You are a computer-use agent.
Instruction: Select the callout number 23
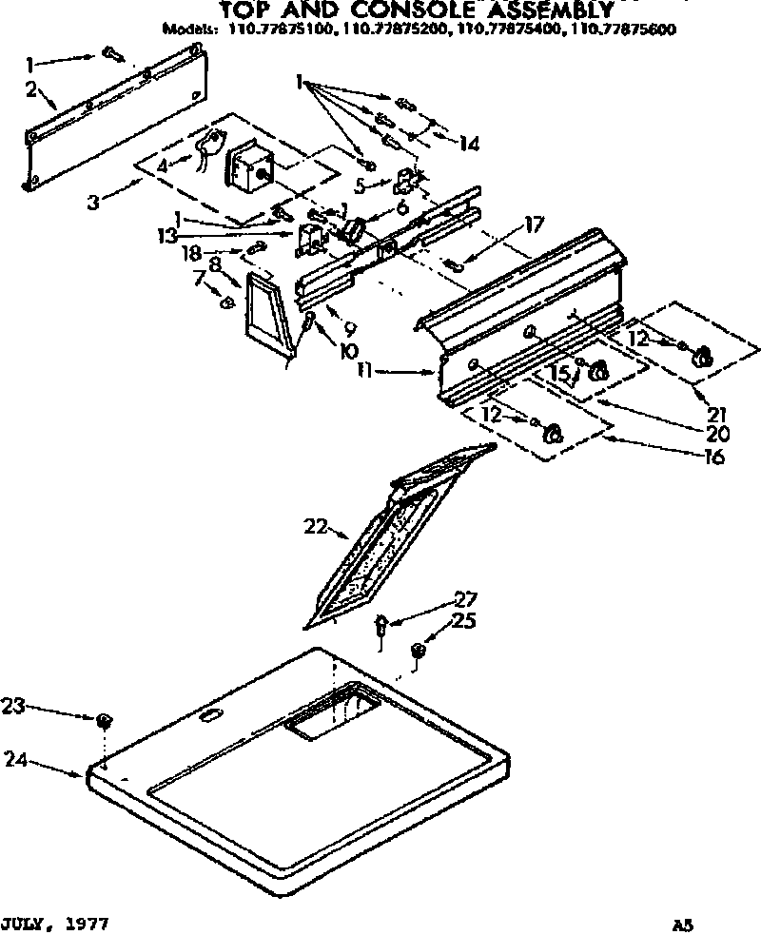pos(13,706)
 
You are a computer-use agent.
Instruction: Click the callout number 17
pos(533,225)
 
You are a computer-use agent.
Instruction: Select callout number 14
pos(468,144)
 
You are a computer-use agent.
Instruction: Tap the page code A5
pos(681,924)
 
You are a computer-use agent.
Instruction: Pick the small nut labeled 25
pos(418,651)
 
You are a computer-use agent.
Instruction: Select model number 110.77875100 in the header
pos(276,29)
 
